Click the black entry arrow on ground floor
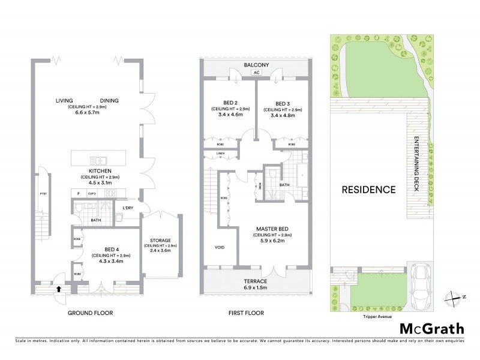click(x=58, y=289)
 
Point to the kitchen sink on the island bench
click(x=97, y=160)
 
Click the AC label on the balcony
click(x=256, y=73)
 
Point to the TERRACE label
click(x=256, y=281)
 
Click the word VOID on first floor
click(x=220, y=247)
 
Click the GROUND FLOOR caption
click(x=90, y=313)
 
